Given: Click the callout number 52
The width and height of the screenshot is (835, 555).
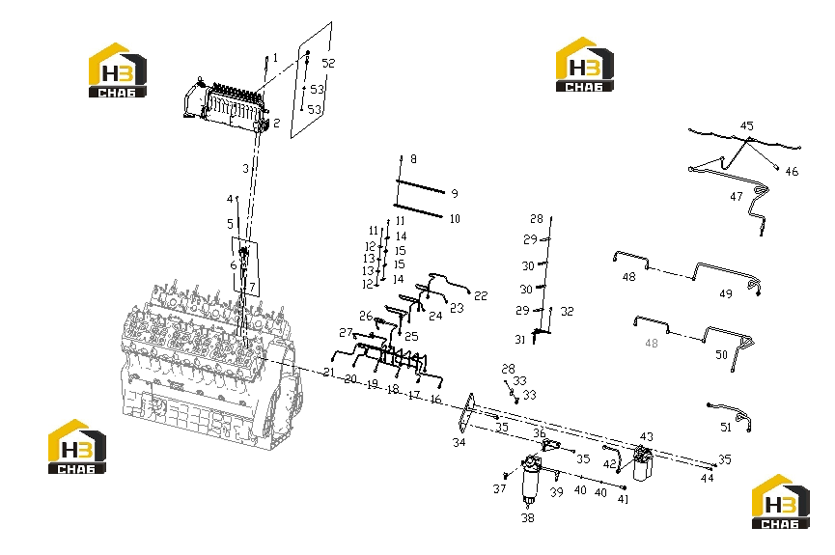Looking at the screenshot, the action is pos(328,63).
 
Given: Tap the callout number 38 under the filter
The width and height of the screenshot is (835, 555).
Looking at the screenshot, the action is pos(527,517).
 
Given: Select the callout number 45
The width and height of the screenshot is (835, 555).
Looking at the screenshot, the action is pos(747,125).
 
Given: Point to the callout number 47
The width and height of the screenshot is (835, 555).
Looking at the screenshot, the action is pos(736,197).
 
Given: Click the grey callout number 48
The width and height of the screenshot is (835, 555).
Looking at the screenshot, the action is pos(652,344).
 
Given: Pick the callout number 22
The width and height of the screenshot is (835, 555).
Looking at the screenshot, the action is pos(481,295).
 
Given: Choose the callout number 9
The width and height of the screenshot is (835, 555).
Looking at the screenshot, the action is pos(455,193).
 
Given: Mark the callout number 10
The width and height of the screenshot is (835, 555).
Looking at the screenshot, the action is pos(455,218).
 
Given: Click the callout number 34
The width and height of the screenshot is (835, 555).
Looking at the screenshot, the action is pos(459,442).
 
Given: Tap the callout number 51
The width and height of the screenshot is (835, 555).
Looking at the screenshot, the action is pos(725,428).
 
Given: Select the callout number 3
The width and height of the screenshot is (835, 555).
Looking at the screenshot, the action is pos(245,168).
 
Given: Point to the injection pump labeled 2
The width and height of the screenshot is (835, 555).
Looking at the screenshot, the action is pos(226,104).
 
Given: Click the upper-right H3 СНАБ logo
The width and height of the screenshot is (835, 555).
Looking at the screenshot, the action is pos(585,65).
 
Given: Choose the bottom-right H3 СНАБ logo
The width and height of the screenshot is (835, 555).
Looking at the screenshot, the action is pos(781,501).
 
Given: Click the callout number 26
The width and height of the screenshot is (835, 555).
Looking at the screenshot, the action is pos(365,316).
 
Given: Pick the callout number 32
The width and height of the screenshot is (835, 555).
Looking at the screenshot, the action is pos(568,311).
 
